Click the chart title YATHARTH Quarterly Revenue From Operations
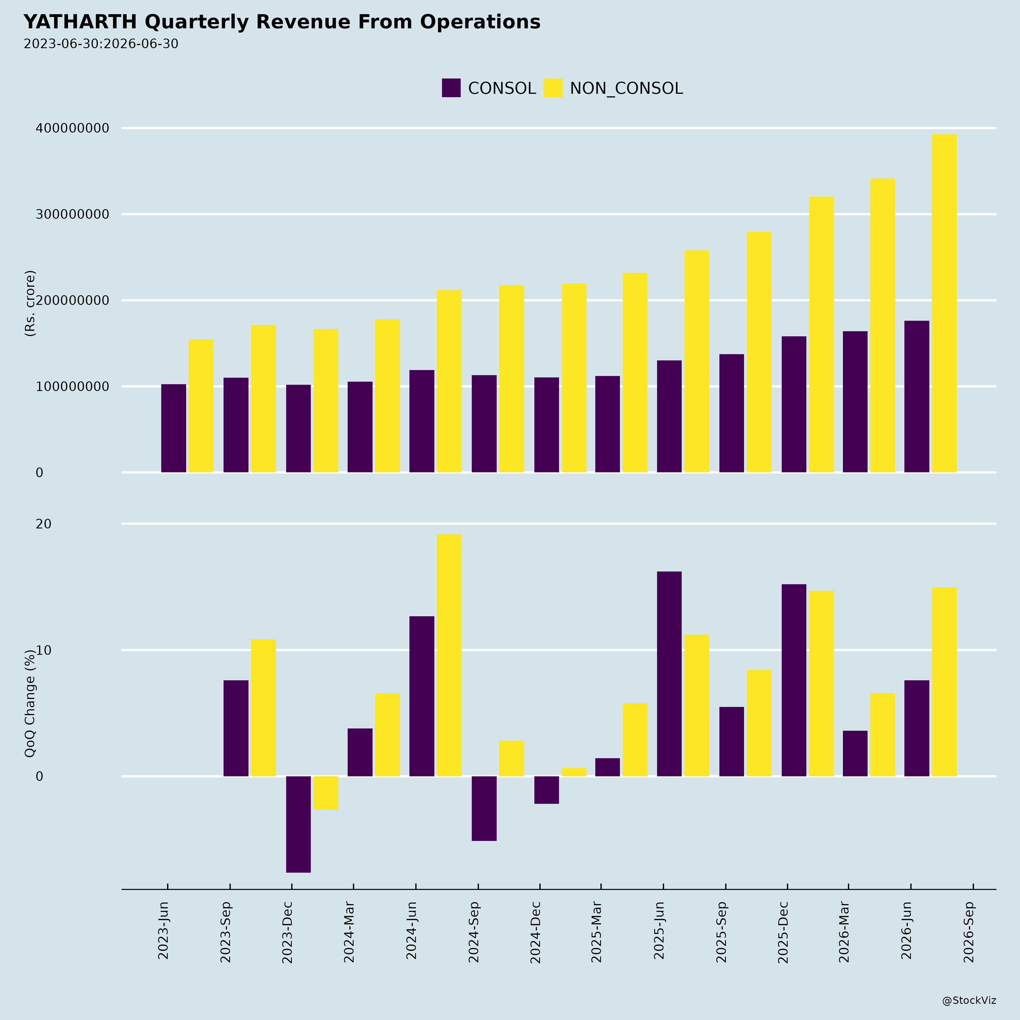pos(282,22)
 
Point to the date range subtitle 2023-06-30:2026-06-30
pos(101,44)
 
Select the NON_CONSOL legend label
pos(626,88)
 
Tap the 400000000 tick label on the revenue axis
pos(72,128)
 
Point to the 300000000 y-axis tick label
pos(72,214)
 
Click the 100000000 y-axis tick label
pos(72,386)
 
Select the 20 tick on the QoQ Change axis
pos(44,524)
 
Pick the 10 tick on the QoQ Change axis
pos(44,650)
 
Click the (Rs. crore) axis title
pos(30,303)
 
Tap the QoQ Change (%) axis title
pos(30,703)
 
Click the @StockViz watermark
pos(969,1000)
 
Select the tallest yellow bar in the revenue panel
pos(944,303)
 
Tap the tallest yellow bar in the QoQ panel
pos(449,655)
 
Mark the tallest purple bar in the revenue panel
pos(917,396)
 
